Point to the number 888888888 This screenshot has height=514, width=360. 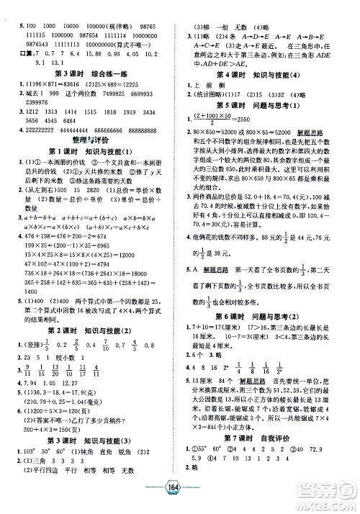[150, 133]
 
